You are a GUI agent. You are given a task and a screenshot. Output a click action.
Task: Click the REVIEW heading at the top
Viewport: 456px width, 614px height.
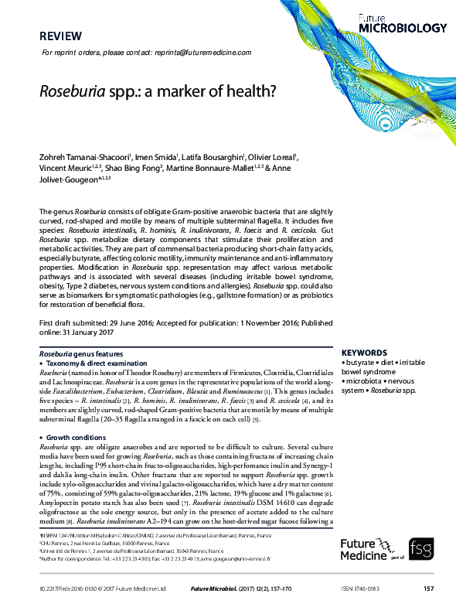point(58,36)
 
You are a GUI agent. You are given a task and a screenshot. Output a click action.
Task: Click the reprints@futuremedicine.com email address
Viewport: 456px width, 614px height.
point(202,52)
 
